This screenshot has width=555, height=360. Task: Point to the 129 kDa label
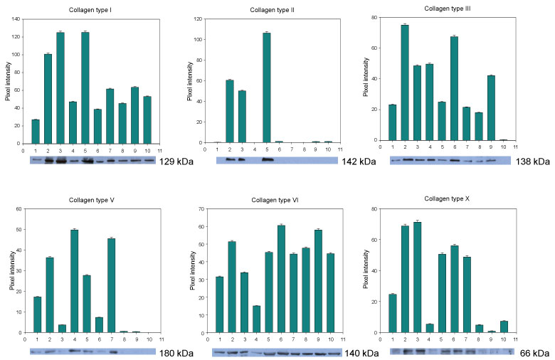pyautogui.click(x=177, y=162)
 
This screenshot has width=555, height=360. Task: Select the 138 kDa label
pyautogui.click(x=533, y=162)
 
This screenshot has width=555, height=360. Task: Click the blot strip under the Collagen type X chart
pyautogui.click(x=453, y=351)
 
